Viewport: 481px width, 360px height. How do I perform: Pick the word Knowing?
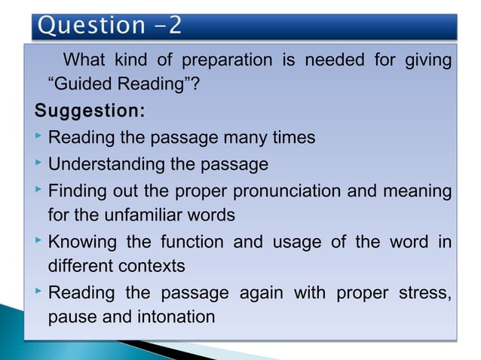[x=80, y=242]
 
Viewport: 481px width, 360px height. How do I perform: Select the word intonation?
[x=176, y=317]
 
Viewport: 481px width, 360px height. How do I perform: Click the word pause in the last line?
[x=73, y=317]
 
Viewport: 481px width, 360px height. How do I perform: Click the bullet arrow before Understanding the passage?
[x=38, y=163]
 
